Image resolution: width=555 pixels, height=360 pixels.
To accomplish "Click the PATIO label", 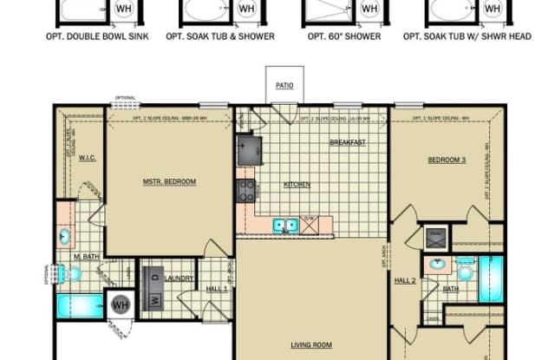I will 285,86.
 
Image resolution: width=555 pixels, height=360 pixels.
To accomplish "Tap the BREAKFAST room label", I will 347,142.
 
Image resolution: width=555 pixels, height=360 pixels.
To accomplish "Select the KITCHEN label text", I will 297,184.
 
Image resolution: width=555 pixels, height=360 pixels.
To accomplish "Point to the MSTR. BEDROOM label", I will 169,181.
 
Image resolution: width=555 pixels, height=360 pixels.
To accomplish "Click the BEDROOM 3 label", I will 447,160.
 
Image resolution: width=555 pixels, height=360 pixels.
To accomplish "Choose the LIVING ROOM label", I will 311,345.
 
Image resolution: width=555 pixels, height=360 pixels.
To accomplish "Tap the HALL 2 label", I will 406,281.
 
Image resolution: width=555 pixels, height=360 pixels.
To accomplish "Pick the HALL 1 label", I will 217,288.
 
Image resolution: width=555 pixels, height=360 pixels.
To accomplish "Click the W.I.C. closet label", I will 87,158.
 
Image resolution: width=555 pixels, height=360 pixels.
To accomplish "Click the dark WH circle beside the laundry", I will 120,304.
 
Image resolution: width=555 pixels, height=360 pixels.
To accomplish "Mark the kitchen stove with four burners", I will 245,190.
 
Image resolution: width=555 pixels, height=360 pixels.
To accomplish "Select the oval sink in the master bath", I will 66,236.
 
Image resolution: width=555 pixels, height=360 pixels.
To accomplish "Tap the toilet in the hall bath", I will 467,273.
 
